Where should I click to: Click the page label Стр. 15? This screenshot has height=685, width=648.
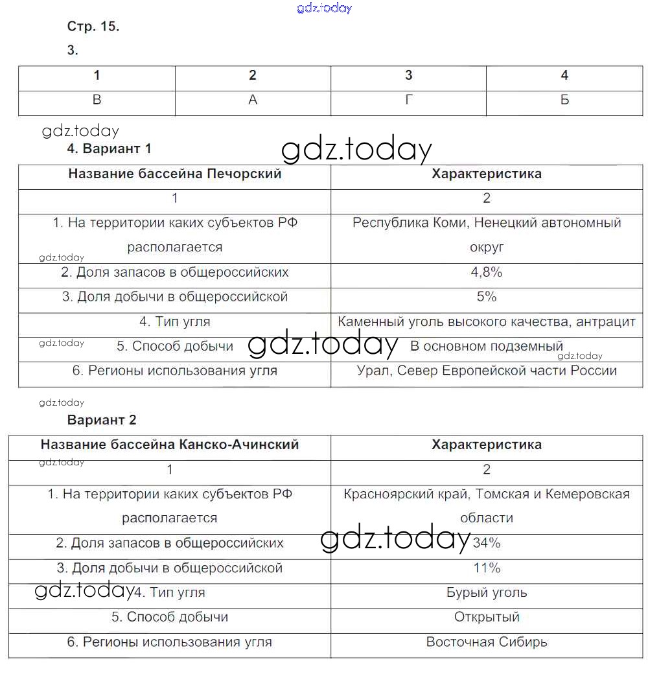[x=93, y=27]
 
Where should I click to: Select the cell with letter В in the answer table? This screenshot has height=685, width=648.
[x=97, y=100]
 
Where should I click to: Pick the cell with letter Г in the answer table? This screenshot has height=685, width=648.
[x=408, y=100]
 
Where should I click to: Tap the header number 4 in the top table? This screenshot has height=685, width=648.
[x=564, y=75]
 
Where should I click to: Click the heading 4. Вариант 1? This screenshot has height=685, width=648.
[x=110, y=148]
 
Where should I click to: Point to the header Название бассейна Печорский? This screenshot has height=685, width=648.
[x=175, y=174]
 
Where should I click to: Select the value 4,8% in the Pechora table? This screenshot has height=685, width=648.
[x=487, y=272]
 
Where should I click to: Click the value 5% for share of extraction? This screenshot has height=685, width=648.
[x=487, y=297]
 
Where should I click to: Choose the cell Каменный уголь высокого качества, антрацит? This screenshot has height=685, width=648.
[x=487, y=321]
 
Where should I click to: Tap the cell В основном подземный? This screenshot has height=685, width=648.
[x=487, y=346]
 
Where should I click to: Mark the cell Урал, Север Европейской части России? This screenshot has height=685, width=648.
[x=487, y=371]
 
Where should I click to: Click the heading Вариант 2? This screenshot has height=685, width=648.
[x=102, y=420]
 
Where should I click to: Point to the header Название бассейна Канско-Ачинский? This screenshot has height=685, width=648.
[x=170, y=445]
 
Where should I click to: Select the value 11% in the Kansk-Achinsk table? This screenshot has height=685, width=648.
[x=487, y=568]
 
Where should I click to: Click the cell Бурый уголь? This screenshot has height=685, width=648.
[x=487, y=592]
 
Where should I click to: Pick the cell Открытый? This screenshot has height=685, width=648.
[x=487, y=617]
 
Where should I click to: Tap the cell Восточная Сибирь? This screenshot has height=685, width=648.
[x=487, y=642]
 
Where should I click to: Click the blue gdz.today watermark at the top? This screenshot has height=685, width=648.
[x=324, y=8]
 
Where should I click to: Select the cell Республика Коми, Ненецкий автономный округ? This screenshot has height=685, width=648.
[x=487, y=235]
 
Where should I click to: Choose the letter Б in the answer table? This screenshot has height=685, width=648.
[x=564, y=100]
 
